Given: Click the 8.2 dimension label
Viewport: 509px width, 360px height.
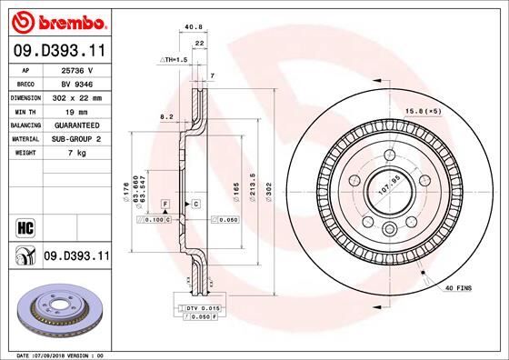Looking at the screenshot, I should click(x=166, y=117).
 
